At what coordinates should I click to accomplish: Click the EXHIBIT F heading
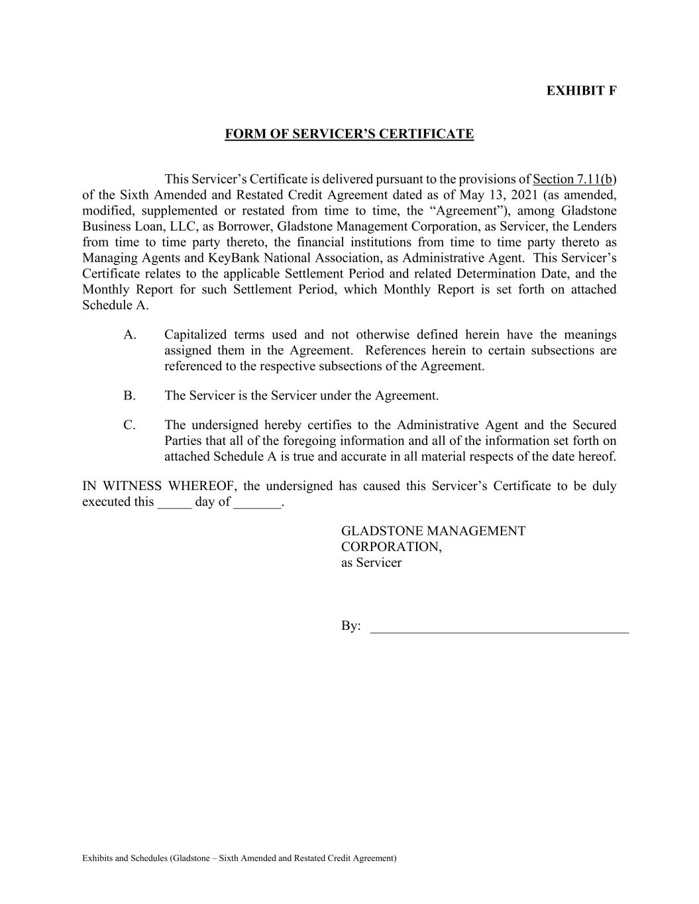[x=581, y=91]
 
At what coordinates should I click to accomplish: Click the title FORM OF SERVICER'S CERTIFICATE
[x=349, y=134]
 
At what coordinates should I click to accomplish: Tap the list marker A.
[x=129, y=334]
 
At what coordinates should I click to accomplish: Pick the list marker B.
[x=129, y=395]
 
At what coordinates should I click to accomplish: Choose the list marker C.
[x=129, y=425]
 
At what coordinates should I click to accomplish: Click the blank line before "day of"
[x=174, y=503]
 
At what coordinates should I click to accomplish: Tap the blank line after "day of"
[x=258, y=503]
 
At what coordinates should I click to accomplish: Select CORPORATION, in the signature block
[x=391, y=546]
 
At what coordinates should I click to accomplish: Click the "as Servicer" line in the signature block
[x=371, y=562]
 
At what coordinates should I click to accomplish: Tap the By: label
[x=350, y=626]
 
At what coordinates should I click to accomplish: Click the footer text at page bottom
[x=239, y=858]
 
